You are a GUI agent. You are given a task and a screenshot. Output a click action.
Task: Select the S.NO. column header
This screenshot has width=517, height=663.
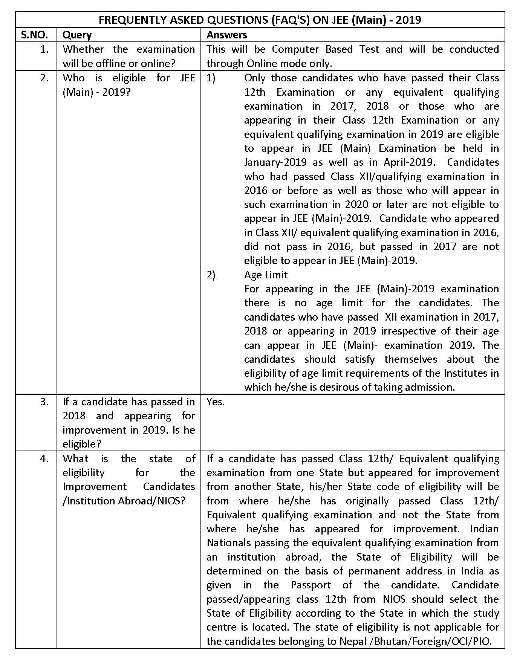pyautogui.click(x=35, y=35)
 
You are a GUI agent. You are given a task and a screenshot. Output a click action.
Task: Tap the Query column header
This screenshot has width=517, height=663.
pyautogui.click(x=77, y=35)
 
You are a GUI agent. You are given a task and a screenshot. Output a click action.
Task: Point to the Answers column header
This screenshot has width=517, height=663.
pyautogui.click(x=227, y=35)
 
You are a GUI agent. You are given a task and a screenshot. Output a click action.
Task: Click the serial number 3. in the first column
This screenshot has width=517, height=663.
pyautogui.click(x=44, y=402)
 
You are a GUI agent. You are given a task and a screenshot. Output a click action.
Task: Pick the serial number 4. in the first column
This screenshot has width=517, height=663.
pyautogui.click(x=44, y=459)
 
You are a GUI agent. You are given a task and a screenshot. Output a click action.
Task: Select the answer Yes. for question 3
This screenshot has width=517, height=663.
pyautogui.click(x=216, y=402)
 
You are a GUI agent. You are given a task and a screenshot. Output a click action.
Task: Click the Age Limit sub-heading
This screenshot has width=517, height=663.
pyautogui.click(x=266, y=275)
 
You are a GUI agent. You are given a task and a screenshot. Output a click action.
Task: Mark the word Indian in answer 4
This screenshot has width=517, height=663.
pyautogui.click(x=485, y=529)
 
